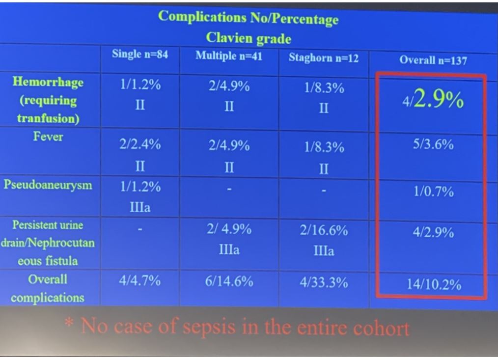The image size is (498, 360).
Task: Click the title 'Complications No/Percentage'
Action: tap(248, 18)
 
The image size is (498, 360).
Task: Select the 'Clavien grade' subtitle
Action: tap(248, 38)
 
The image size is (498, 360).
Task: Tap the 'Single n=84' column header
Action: tap(140, 55)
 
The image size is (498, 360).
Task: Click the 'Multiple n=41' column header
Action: tap(229, 55)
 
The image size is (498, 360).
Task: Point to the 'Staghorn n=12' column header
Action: tap(324, 58)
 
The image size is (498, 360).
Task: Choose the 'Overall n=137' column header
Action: tap(433, 60)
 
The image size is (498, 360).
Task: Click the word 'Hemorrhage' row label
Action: tap(48, 82)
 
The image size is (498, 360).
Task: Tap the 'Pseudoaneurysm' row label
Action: tap(48, 185)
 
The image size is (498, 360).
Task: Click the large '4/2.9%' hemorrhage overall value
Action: tap(432, 101)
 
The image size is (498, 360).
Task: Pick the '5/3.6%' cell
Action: tap(432, 145)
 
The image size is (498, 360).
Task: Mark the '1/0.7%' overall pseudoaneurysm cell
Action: tap(432, 192)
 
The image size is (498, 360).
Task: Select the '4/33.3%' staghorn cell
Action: tap(324, 282)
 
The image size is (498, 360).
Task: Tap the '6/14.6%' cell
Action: tap(229, 282)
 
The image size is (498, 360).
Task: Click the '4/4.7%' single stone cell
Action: tap(140, 281)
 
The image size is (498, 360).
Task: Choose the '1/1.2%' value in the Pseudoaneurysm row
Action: tap(140, 187)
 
